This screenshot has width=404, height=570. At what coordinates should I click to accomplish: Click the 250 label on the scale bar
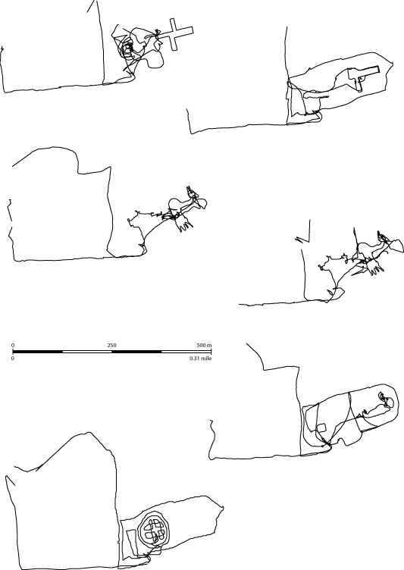(x=111, y=345)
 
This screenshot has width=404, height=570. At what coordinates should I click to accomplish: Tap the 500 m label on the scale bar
(x=204, y=345)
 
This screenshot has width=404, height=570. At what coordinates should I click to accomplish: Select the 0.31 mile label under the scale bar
(x=200, y=358)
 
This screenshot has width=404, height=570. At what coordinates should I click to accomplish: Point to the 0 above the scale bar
(x=13, y=345)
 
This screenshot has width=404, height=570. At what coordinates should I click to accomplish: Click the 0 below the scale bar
(x=13, y=358)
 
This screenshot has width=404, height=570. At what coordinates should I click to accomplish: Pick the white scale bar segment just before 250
(x=87, y=352)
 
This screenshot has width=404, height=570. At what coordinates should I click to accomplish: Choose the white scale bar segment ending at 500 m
(x=186, y=352)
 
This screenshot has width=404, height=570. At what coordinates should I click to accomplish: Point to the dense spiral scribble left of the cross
(x=127, y=50)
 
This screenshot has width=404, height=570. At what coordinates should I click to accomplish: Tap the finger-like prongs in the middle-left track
(x=185, y=225)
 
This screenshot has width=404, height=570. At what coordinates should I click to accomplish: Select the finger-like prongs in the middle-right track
(x=375, y=268)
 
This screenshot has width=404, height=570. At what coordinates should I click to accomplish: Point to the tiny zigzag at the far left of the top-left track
(x=2, y=49)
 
